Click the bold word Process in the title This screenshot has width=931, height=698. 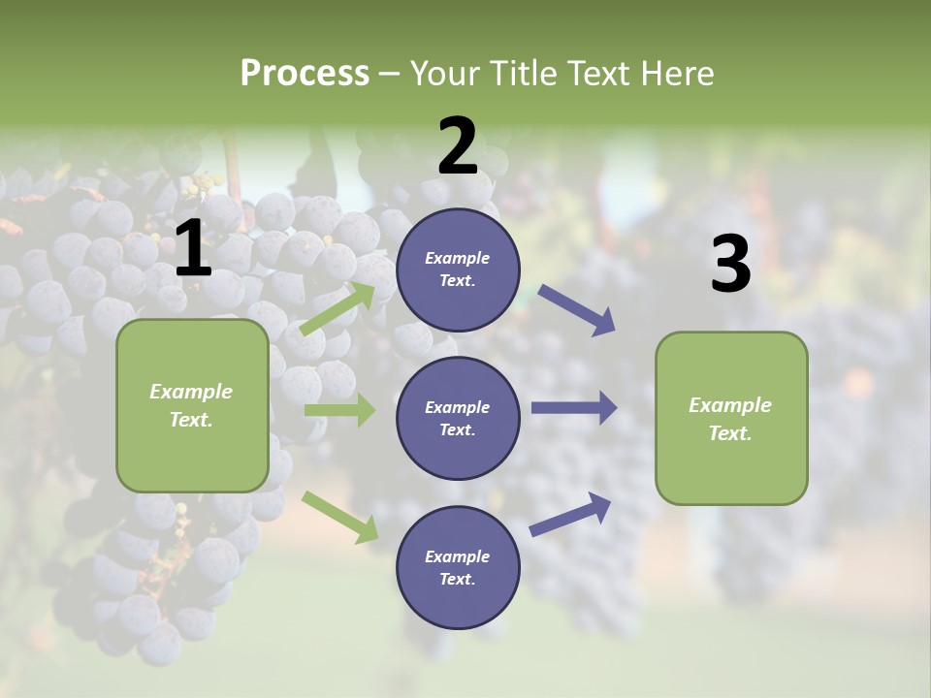tap(305, 74)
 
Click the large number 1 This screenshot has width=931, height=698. tap(193, 249)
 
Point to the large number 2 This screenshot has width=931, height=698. tap(458, 145)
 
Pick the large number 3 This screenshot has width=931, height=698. tap(730, 264)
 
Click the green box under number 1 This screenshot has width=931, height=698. tap(192, 405)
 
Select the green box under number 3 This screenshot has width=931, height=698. tap(731, 419)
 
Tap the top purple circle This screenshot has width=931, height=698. tap(458, 270)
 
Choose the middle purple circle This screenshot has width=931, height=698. tap(458, 419)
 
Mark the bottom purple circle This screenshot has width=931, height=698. tap(458, 568)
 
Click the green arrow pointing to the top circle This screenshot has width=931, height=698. tap(338, 309)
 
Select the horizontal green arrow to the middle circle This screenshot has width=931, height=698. tap(339, 410)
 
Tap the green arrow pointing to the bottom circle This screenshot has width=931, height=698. tap(340, 517)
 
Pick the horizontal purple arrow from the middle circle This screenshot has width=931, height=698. tap(574, 408)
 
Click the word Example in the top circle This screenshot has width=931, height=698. tap(458, 258)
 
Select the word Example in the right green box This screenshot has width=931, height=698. tap(730, 405)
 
